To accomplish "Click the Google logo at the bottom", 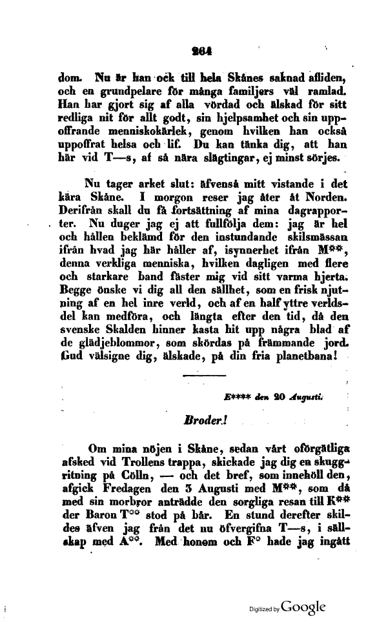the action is (x=303, y=607).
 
